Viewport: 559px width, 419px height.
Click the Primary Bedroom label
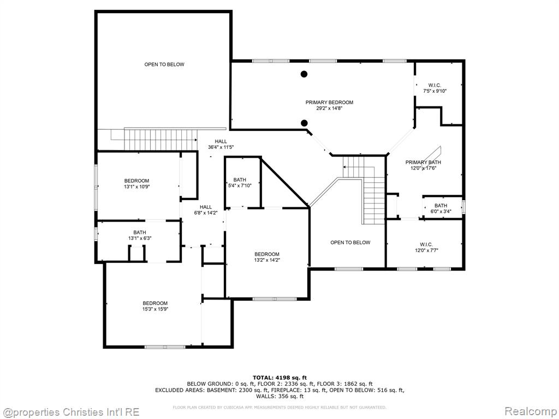(329, 105)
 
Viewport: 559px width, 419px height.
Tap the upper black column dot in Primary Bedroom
(304, 74)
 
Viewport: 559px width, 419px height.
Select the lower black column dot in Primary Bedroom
(304, 123)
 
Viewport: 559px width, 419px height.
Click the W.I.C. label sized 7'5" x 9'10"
(435, 88)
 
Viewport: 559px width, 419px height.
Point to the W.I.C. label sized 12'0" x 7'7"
(426, 247)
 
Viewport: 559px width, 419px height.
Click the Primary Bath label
(423, 165)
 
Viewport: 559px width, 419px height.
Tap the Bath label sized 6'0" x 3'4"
(441, 208)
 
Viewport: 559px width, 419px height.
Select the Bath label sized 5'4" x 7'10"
(240, 182)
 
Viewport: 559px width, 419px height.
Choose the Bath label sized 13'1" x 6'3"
(140, 235)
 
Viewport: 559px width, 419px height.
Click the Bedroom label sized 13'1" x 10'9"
(136, 183)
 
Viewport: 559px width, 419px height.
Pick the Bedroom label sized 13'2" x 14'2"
(266, 257)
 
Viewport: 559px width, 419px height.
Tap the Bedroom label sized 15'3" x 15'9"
(155, 306)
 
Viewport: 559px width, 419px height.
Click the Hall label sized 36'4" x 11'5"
(221, 144)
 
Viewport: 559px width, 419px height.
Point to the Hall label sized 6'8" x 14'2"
(206, 209)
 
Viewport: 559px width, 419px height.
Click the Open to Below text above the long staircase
(164, 64)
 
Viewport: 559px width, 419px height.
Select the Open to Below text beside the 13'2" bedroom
(350, 242)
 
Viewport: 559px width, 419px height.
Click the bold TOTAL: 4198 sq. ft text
(279, 378)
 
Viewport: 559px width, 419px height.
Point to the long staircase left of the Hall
(160, 140)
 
